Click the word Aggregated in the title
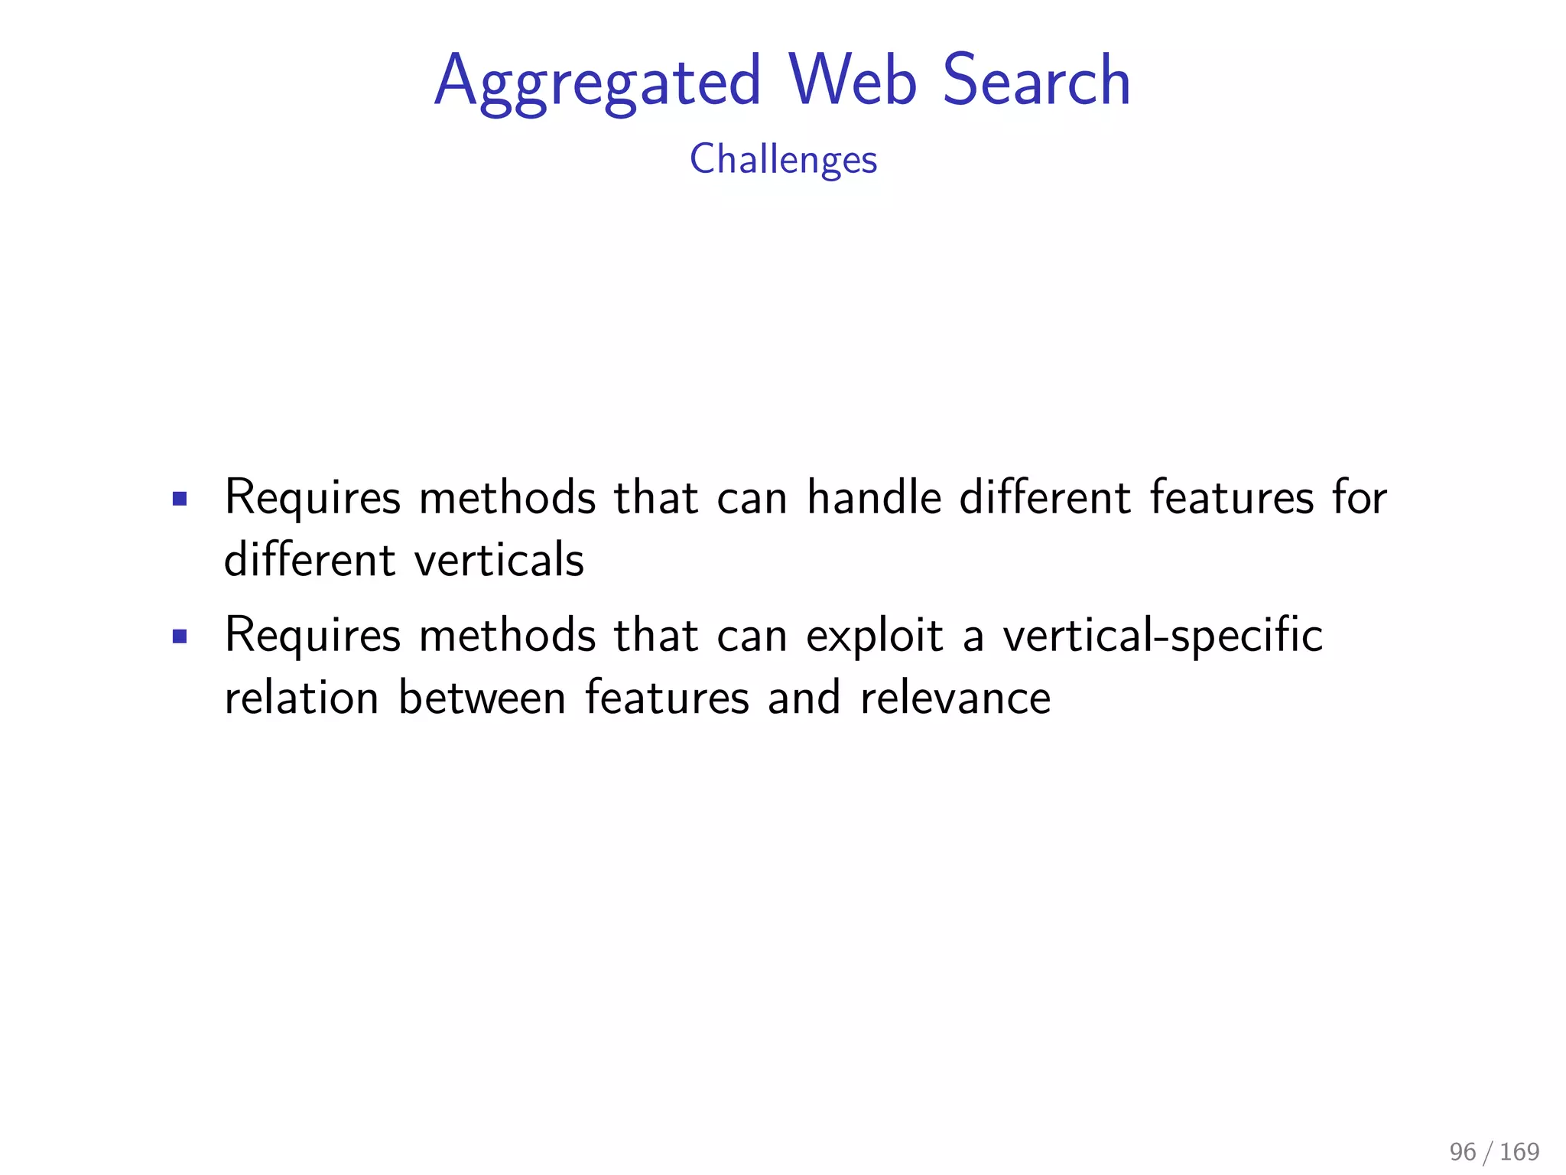click(597, 83)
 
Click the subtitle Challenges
click(783, 160)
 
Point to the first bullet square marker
click(180, 500)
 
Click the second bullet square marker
click(180, 636)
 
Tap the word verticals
click(499, 559)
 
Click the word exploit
click(874, 636)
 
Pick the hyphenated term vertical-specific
click(1162, 636)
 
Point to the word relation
click(301, 698)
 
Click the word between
click(482, 698)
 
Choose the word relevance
click(955, 698)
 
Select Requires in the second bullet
click(312, 636)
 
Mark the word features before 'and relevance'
click(667, 698)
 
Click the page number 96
click(1462, 1151)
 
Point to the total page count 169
click(1519, 1151)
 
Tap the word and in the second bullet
click(804, 698)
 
